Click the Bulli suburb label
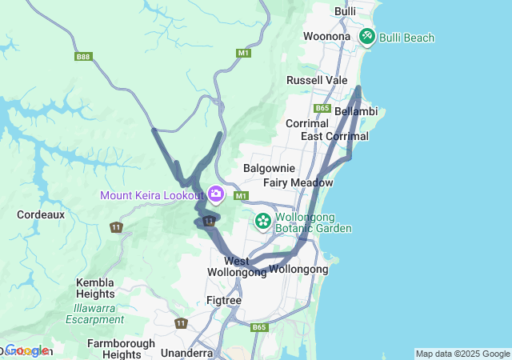[346, 11]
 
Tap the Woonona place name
[326, 36]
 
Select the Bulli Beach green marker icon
[366, 36]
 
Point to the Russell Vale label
[317, 80]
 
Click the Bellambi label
[356, 111]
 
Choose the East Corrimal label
[334, 136]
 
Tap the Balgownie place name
[270, 169]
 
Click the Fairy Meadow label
[298, 182]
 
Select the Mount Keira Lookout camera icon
[215, 194]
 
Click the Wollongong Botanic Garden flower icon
[262, 220]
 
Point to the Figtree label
[224, 300]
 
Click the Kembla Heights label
[96, 288]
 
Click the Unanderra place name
[187, 353]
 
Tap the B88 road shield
[83, 56]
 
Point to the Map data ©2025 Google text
[462, 354]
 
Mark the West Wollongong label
[237, 266]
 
